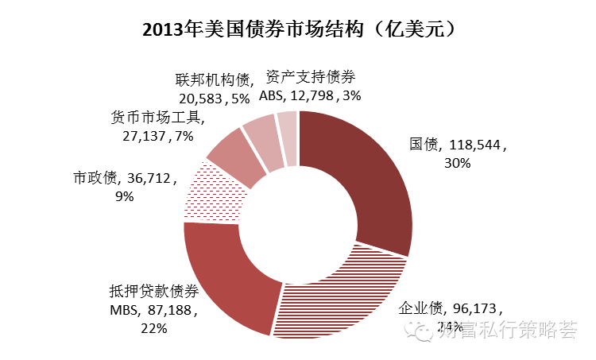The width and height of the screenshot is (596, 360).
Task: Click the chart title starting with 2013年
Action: (x=298, y=29)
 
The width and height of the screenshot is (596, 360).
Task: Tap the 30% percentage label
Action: (x=459, y=163)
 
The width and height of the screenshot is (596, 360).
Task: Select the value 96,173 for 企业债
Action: (x=477, y=308)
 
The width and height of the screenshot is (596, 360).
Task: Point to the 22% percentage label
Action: (x=153, y=327)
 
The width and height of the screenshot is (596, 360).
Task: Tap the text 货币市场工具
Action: (x=157, y=118)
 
